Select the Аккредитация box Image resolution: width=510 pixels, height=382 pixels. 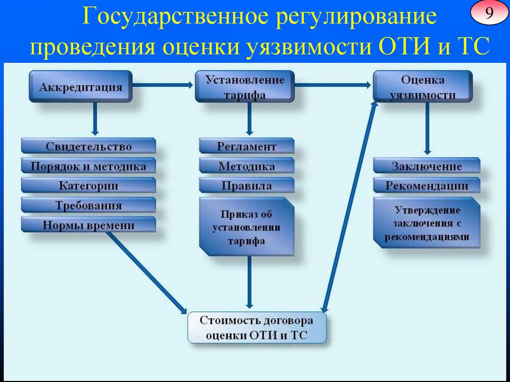coord(81,87)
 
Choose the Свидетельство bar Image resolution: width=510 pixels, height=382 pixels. coord(89,146)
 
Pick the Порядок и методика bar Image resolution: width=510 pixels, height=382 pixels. coord(89,166)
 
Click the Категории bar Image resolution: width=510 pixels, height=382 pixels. coord(89,186)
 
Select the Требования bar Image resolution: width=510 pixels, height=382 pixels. coord(89,205)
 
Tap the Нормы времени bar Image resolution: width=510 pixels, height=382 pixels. coord(89,225)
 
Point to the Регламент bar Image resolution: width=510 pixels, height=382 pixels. coord(247,146)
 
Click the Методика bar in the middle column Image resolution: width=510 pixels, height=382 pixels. coord(247,166)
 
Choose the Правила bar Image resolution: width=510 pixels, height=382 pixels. coord(247,186)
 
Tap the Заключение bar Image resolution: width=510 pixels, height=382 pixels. coord(427,166)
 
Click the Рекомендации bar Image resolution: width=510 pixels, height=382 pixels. coord(427,186)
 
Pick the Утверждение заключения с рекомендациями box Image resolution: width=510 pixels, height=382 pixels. coord(427,223)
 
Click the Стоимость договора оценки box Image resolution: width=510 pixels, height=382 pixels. coord(257,327)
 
